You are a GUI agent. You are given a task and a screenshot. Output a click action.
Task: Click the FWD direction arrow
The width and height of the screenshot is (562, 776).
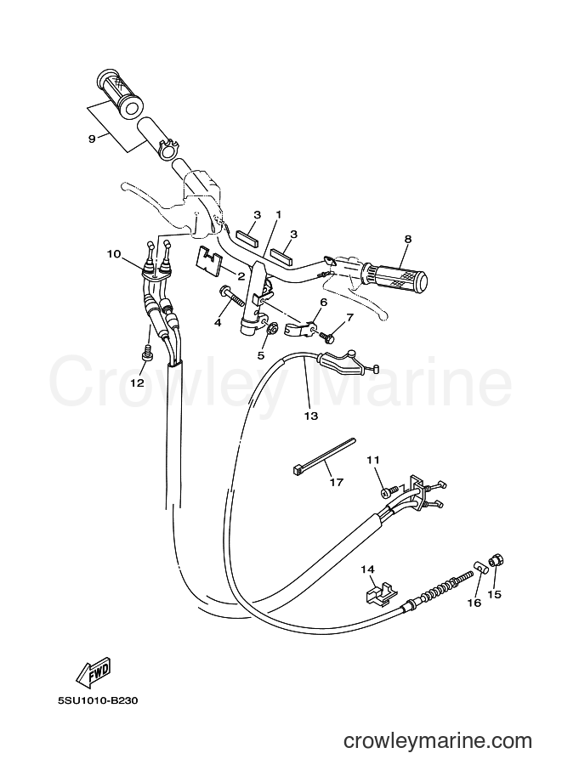94,671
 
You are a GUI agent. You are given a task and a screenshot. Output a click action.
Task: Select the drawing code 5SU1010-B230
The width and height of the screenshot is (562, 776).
98,700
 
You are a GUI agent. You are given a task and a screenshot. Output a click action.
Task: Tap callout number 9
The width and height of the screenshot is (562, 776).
92,139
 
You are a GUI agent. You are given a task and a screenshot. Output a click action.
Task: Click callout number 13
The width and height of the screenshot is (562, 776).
311,416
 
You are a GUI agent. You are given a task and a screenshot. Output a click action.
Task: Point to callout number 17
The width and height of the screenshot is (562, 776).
336,482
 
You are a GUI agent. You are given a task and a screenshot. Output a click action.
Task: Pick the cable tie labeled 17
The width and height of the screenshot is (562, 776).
322,454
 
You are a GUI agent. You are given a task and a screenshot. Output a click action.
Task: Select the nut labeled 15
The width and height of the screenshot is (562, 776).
497,561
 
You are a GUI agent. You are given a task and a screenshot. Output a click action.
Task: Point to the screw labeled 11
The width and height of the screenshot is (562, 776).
389,491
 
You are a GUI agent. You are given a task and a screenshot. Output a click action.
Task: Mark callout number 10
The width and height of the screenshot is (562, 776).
114,254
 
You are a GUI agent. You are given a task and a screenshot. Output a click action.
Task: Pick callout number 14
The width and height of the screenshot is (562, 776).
368,569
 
